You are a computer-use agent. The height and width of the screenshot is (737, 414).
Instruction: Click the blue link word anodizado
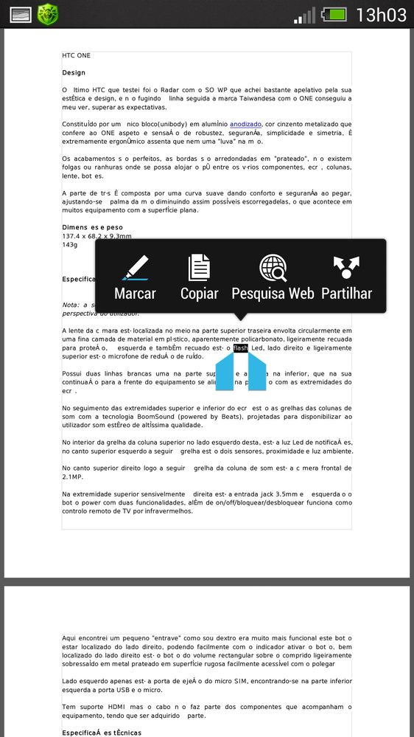tap(245, 124)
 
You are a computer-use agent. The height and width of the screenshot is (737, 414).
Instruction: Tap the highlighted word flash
tap(241, 347)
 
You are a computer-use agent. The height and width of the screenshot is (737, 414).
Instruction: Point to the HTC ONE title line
tap(77, 56)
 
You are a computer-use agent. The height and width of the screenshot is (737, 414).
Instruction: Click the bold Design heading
tap(74, 73)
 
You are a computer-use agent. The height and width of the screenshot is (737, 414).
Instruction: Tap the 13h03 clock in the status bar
tap(380, 14)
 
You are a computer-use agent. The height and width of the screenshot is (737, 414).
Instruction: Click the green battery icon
tap(333, 14)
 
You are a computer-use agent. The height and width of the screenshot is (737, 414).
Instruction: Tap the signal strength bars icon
tap(304, 14)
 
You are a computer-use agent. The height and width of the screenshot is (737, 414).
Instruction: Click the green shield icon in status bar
tap(47, 13)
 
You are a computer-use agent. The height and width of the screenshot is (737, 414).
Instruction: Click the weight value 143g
tap(70, 244)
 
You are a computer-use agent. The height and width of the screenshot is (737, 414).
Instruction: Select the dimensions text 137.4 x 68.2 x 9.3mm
tap(97, 236)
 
